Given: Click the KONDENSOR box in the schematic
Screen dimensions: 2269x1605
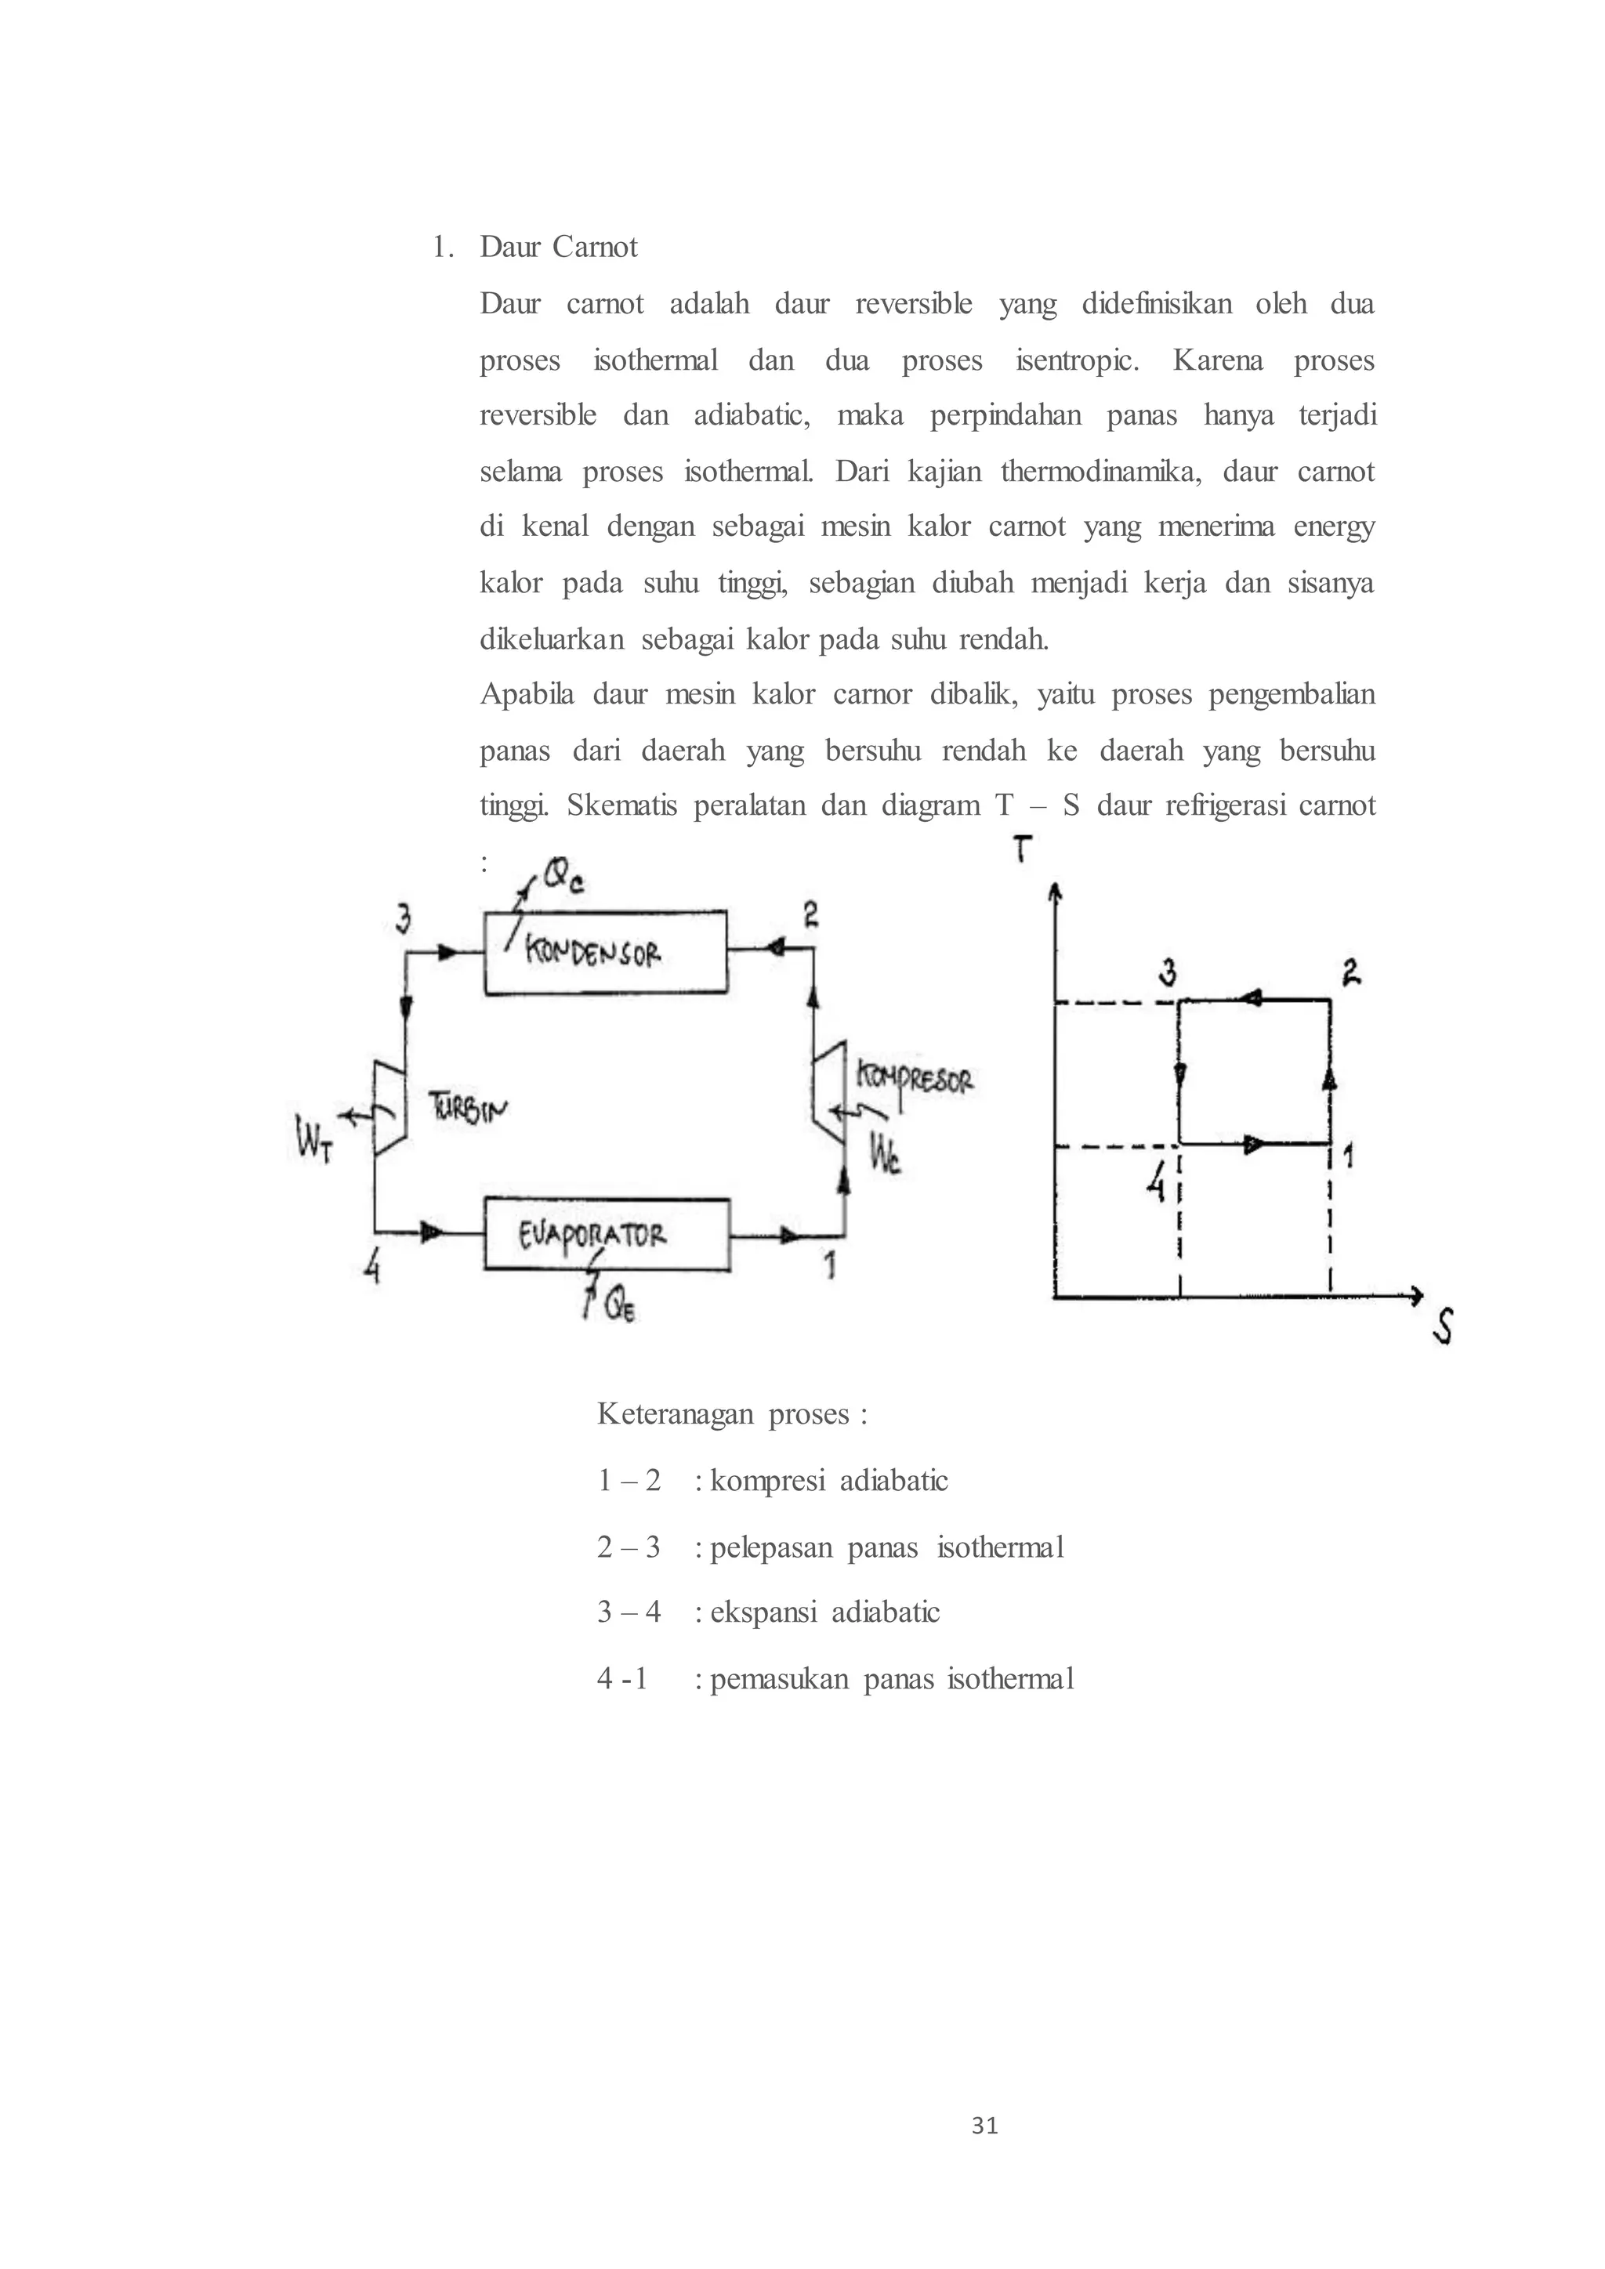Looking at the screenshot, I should coord(605,952).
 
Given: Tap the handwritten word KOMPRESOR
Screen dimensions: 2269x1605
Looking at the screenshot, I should coord(915,1077).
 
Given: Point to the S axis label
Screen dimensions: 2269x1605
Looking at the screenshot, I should coord(1442,1327).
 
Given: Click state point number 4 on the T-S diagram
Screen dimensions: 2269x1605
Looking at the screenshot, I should coord(1155,1180).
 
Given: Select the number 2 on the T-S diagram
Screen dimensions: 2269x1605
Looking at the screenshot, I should coord(1351,972).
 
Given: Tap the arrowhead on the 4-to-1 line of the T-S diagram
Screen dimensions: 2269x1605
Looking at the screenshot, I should coord(1253,1145).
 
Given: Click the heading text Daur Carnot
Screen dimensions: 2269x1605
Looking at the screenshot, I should coord(559,246).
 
